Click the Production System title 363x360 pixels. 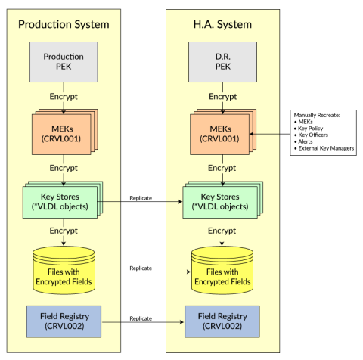64,24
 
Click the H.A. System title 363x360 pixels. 222,24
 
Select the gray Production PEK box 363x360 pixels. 64,61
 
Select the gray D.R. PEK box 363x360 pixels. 222,61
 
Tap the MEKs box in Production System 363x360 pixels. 62,134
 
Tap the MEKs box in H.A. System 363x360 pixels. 220,134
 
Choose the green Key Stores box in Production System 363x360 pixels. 62,202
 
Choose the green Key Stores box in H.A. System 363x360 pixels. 220,202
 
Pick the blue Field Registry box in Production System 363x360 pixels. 64,321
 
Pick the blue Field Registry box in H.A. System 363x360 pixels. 222,321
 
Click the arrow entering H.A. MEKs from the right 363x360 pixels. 269,135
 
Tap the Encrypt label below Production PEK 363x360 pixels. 64,97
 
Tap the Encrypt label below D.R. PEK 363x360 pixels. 222,97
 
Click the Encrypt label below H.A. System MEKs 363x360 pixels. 222,167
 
